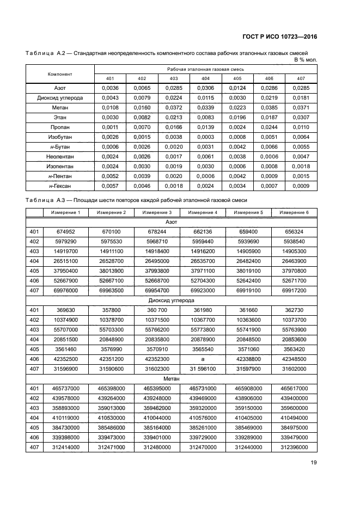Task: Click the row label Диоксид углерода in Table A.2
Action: click(x=60, y=97)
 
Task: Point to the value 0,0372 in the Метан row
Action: click(x=174, y=108)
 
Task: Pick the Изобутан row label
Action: click(x=60, y=137)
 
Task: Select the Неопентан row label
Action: click(x=60, y=156)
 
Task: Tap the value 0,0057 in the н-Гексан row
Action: click(x=111, y=186)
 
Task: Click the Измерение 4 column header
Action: click(x=203, y=212)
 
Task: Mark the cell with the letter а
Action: click(x=203, y=359)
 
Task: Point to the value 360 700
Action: click(x=157, y=310)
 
